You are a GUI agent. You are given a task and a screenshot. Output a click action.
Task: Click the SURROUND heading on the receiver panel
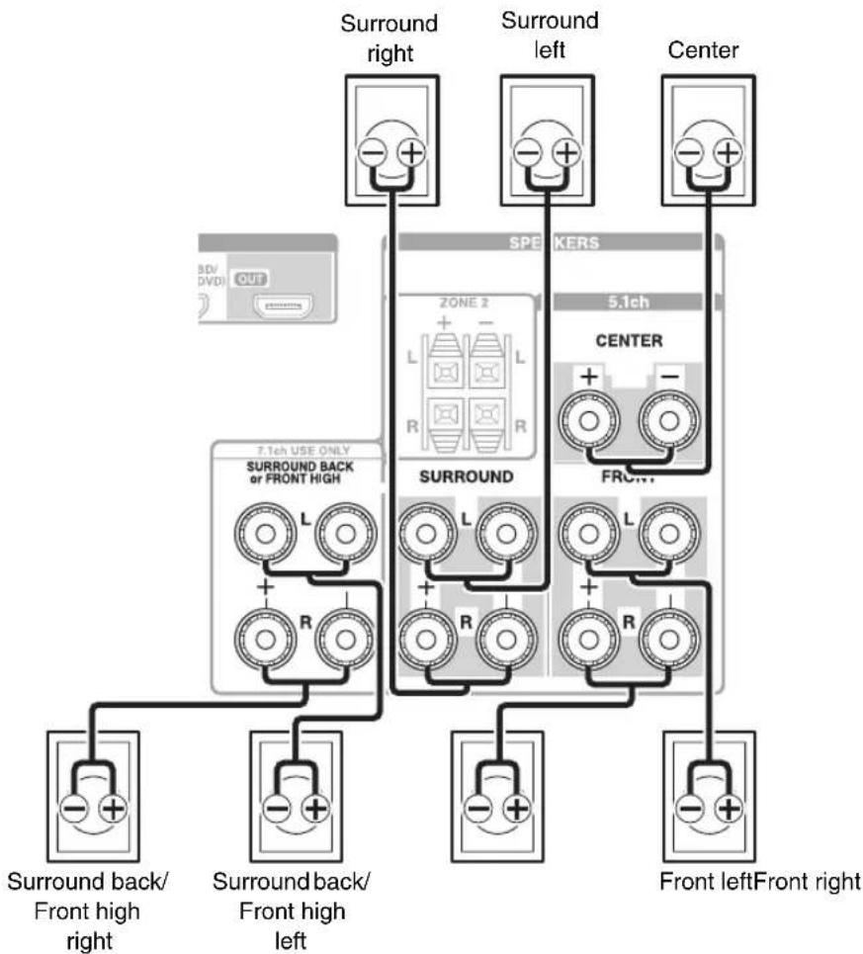pos(456,477)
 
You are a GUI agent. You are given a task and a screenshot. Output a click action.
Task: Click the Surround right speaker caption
pos(390,37)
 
